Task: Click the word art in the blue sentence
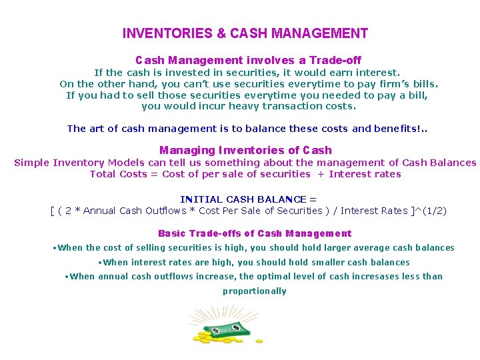pyautogui.click(x=96, y=129)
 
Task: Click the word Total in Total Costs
pyautogui.click(x=103, y=174)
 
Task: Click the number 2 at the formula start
pyautogui.click(x=69, y=211)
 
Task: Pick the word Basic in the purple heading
pyautogui.click(x=172, y=233)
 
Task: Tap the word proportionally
pyautogui.click(x=255, y=291)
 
